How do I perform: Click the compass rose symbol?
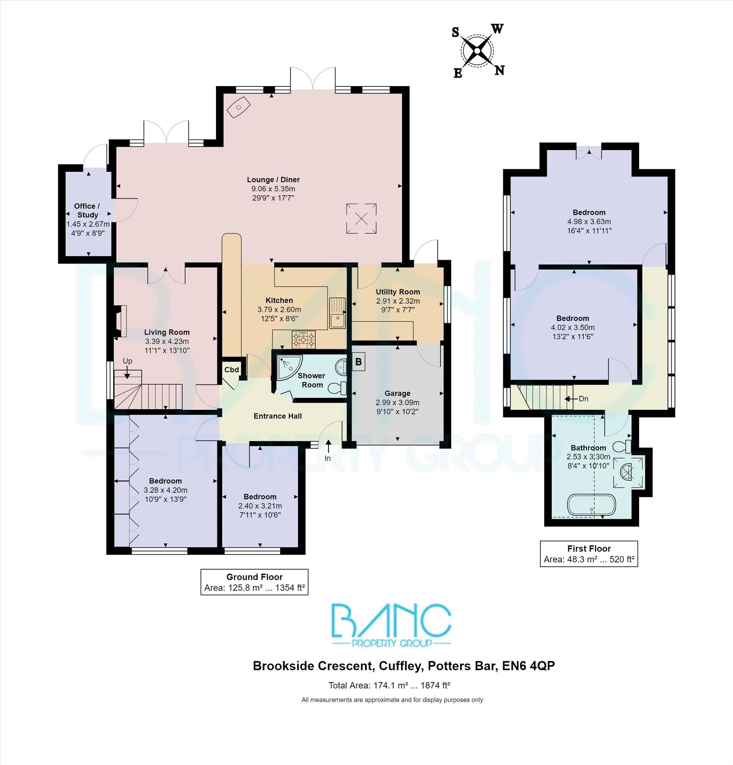[x=478, y=51]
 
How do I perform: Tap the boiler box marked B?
[x=358, y=362]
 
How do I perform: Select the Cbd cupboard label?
[x=232, y=369]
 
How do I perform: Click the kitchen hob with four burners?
[x=304, y=340]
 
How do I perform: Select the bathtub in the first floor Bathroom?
[x=592, y=505]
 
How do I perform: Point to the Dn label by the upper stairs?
[x=583, y=398]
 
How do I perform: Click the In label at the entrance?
[x=328, y=458]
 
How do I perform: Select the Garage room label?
[x=397, y=393]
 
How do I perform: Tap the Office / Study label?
[x=87, y=210]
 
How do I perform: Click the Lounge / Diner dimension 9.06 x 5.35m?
[x=273, y=189]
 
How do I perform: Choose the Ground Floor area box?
[x=254, y=582]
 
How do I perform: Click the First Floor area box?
[x=589, y=553]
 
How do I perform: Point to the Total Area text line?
[x=389, y=685]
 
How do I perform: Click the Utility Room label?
[x=398, y=292]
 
